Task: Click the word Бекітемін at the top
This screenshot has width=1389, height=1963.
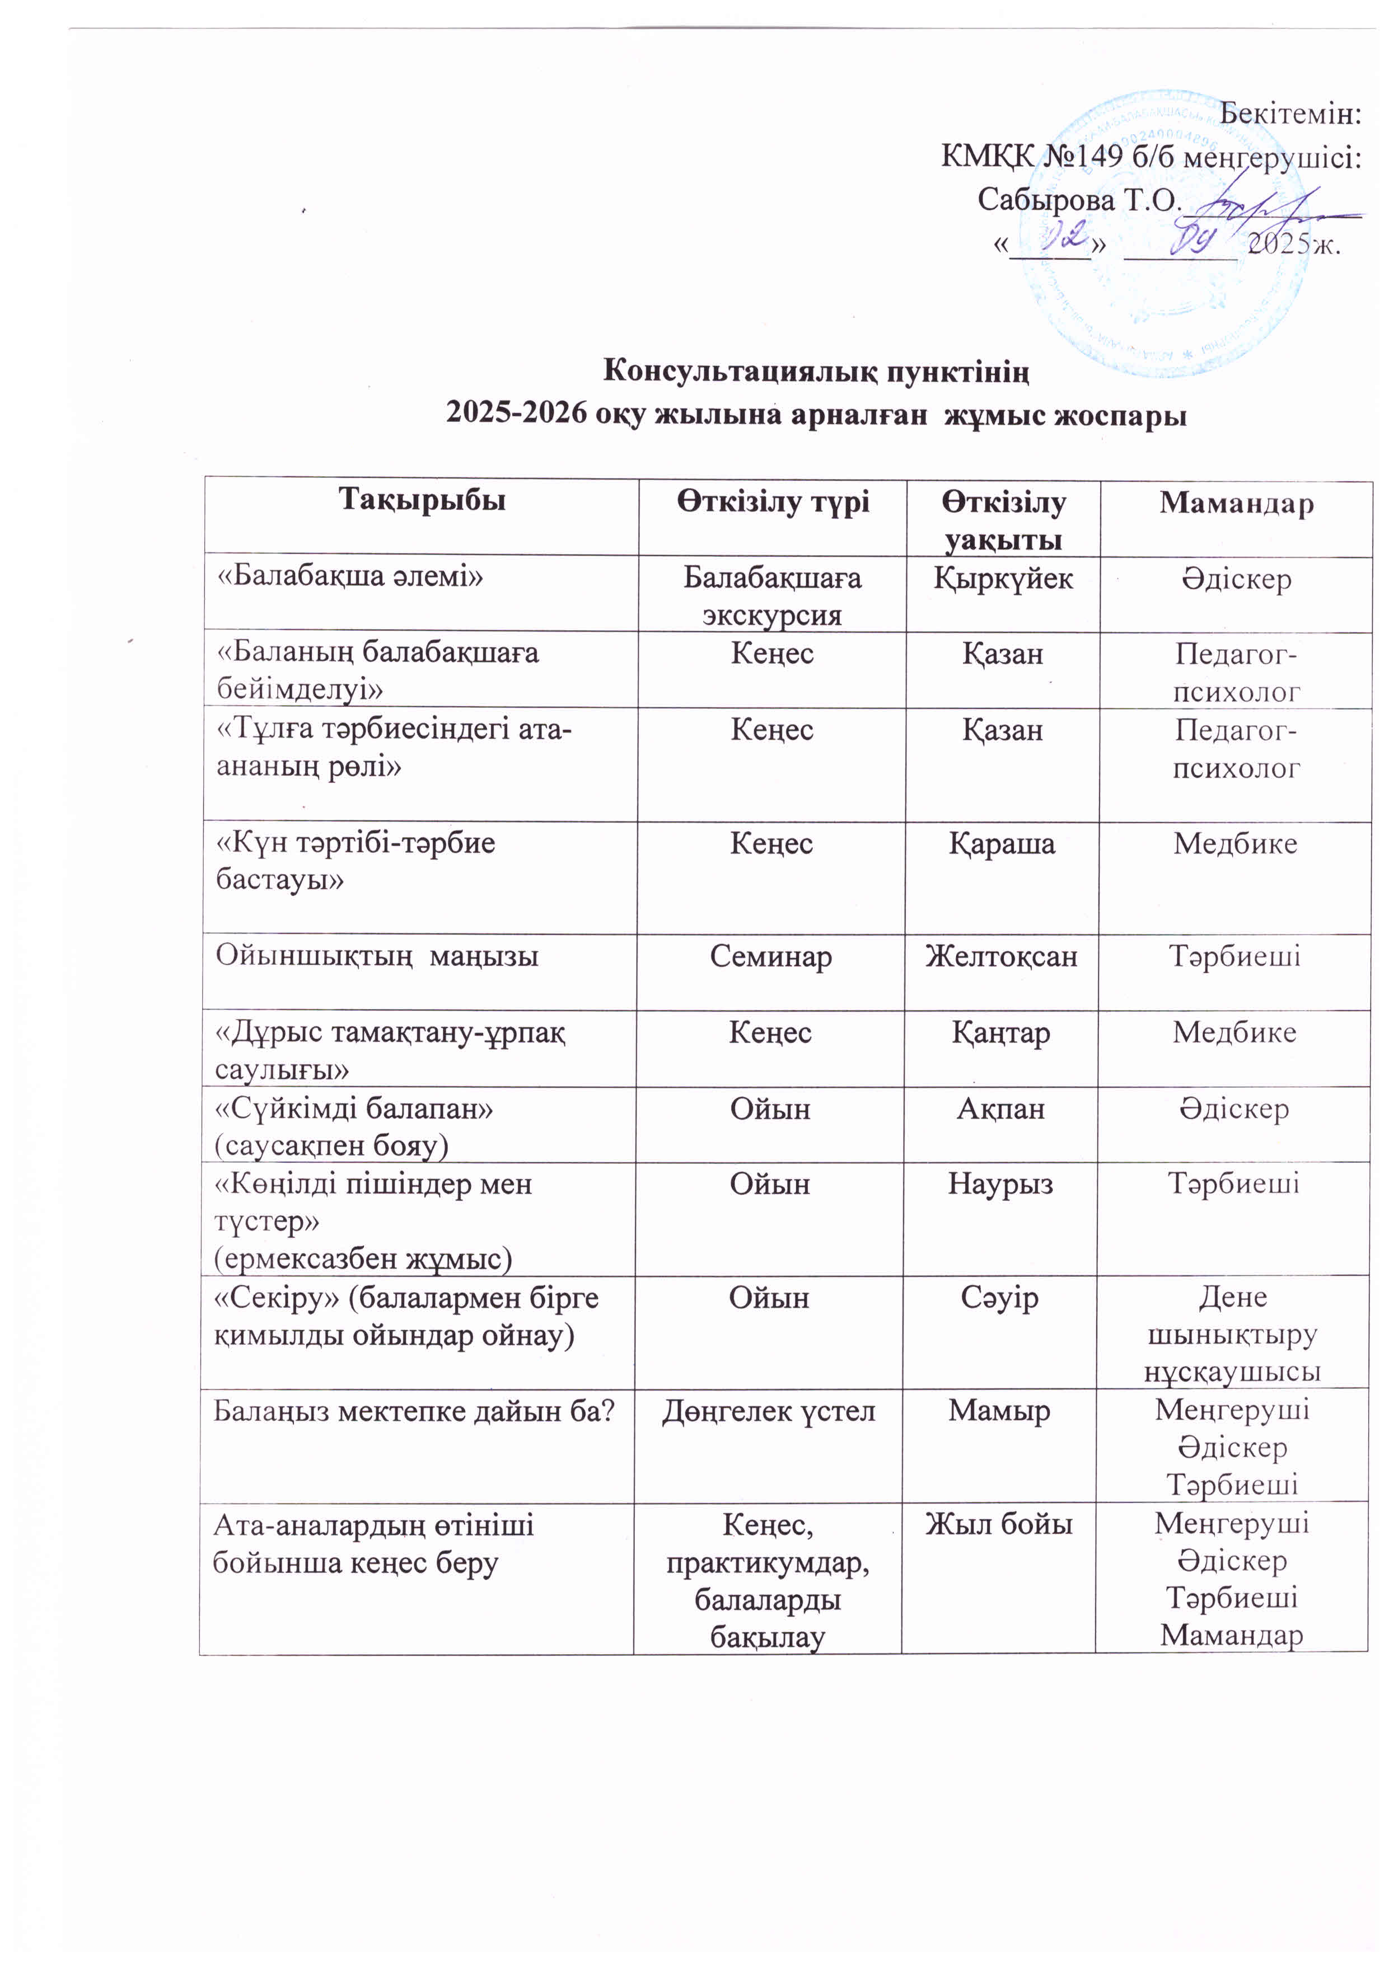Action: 1290,113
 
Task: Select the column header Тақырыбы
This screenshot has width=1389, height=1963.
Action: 422,500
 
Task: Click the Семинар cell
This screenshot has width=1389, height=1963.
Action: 770,956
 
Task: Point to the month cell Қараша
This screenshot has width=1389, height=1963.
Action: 1002,844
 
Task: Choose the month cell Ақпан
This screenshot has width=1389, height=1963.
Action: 1000,1109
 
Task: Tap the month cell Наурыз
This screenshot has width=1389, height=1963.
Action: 1000,1184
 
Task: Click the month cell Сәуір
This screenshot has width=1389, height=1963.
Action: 999,1298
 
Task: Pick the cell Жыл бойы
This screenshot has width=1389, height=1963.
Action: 999,1524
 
